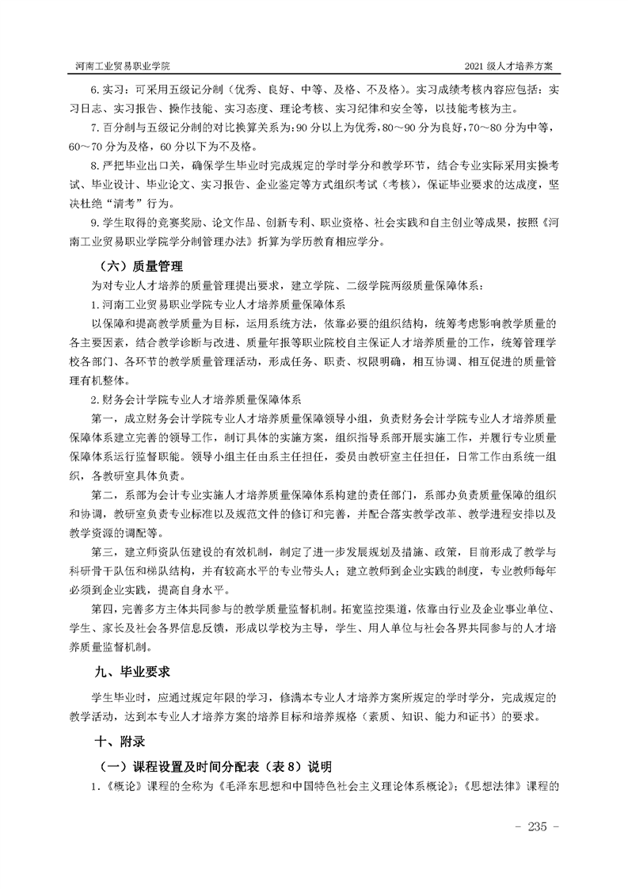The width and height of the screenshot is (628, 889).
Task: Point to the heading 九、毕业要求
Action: pos(132,672)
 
